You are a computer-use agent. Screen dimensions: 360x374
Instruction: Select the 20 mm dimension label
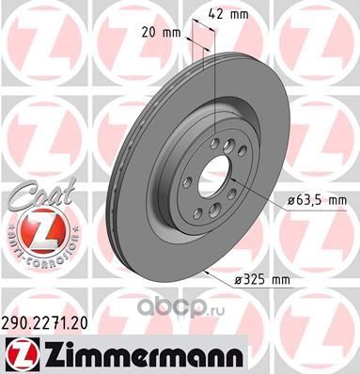point(161,32)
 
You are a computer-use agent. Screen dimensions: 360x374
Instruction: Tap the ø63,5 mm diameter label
point(317,200)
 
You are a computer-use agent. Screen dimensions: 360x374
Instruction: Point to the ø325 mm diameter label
point(262,279)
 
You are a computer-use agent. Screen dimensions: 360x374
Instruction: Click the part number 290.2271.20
point(44,323)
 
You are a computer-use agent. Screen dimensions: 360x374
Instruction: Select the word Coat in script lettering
point(43,194)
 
